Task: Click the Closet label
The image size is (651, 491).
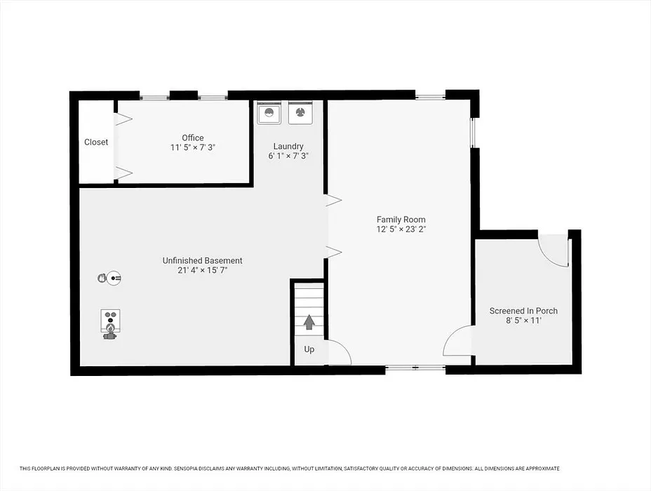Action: [96, 142]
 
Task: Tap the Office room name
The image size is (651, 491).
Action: [193, 137]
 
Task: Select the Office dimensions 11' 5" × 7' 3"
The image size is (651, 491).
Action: [193, 147]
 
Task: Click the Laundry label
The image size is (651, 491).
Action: [288, 146]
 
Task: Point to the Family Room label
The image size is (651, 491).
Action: [401, 220]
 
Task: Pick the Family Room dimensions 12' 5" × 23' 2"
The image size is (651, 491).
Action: [401, 229]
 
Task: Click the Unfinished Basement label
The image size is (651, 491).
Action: [202, 261]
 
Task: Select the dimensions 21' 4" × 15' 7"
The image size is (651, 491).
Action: [202, 270]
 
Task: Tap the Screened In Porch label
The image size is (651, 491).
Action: [523, 311]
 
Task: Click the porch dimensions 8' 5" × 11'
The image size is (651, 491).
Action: [523, 321]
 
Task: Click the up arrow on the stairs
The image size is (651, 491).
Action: [309, 322]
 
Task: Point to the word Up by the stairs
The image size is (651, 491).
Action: [309, 349]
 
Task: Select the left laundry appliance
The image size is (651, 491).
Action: [269, 112]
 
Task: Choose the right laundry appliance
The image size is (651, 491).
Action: [300, 112]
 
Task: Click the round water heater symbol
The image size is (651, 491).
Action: [114, 278]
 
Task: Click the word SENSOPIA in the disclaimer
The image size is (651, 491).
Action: [189, 469]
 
